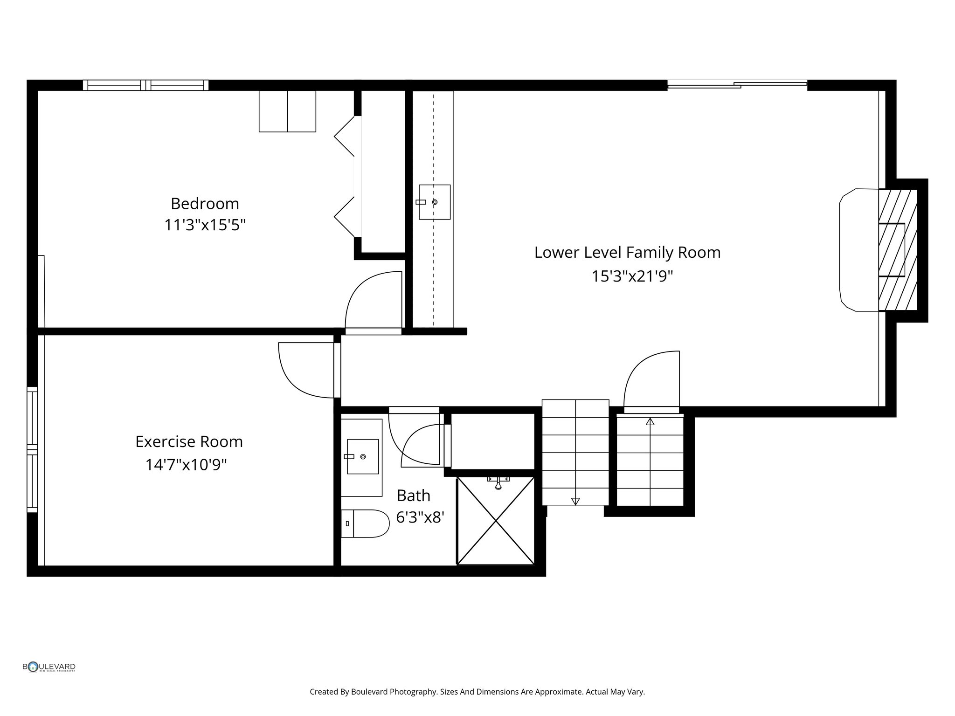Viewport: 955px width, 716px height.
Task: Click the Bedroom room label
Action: pyautogui.click(x=205, y=204)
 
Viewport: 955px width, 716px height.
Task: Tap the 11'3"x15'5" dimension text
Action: pyautogui.click(x=205, y=226)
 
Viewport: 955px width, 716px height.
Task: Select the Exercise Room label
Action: pyautogui.click(x=189, y=441)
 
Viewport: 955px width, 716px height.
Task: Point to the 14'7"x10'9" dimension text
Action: pyautogui.click(x=186, y=465)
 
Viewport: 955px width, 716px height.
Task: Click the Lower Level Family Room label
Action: pyautogui.click(x=627, y=253)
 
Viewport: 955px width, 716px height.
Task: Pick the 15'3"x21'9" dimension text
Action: pyautogui.click(x=632, y=276)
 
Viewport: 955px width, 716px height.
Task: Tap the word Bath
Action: pyautogui.click(x=413, y=496)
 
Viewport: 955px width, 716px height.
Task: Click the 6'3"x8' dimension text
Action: pyautogui.click(x=419, y=517)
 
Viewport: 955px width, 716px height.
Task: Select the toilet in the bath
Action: pyautogui.click(x=365, y=523)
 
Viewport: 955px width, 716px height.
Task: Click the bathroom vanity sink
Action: pyautogui.click(x=363, y=456)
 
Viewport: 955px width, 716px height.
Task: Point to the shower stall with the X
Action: pyautogui.click(x=495, y=521)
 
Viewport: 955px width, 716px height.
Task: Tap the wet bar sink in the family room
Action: pyautogui.click(x=434, y=202)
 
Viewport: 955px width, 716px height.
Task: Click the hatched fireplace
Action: pyautogui.click(x=898, y=250)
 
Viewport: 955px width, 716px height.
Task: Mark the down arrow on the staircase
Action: pyautogui.click(x=575, y=501)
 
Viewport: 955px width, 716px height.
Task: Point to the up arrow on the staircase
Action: pyautogui.click(x=650, y=421)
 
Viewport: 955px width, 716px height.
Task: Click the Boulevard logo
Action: pyautogui.click(x=49, y=667)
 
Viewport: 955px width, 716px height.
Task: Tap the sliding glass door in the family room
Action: pyautogui.click(x=737, y=84)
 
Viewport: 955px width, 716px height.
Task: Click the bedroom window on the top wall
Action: pyautogui.click(x=145, y=85)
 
